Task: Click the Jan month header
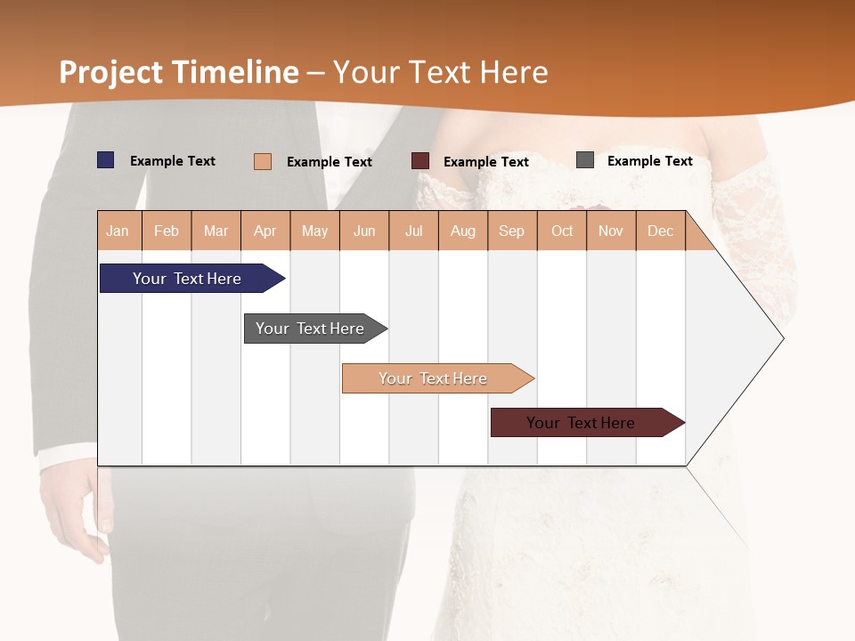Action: click(118, 231)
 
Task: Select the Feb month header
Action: click(167, 231)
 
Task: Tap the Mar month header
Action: click(216, 231)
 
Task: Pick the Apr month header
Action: click(265, 231)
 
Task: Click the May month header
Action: click(314, 231)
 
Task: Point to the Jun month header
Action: click(364, 231)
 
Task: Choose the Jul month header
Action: click(413, 231)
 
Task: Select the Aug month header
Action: click(463, 231)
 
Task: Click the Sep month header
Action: click(512, 231)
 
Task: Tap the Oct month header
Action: click(562, 231)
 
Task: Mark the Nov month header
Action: click(611, 231)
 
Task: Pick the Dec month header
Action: click(660, 231)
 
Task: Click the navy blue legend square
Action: click(106, 160)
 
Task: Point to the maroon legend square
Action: click(420, 161)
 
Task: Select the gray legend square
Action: click(585, 160)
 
